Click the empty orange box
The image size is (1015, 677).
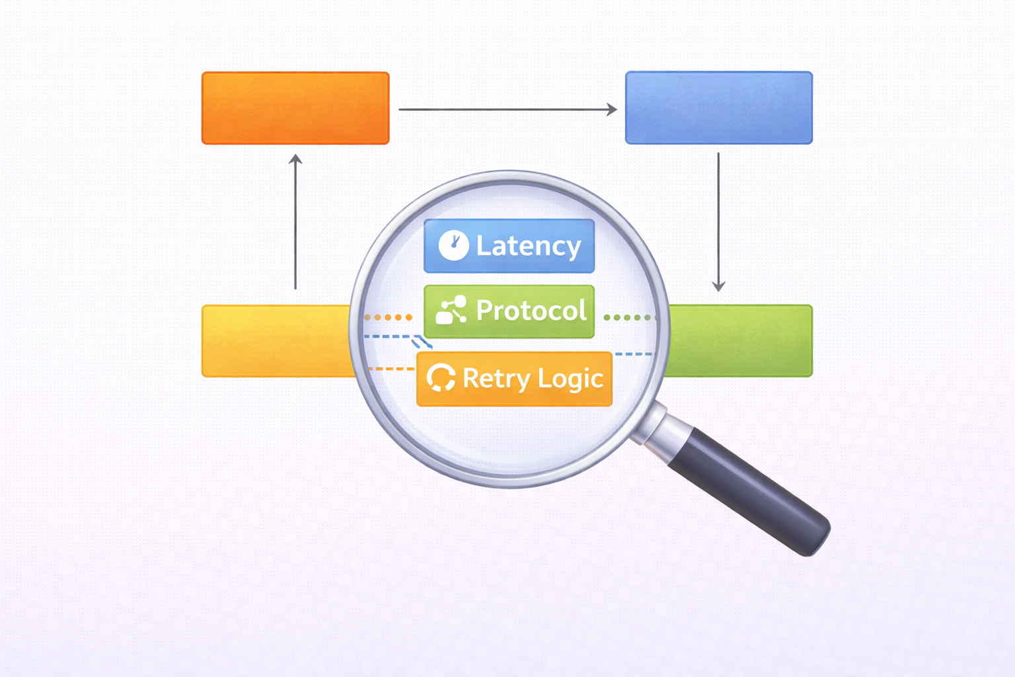(x=295, y=108)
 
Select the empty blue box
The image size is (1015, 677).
(x=719, y=108)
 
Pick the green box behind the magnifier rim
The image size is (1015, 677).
(x=743, y=341)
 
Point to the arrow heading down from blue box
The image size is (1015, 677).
(x=718, y=221)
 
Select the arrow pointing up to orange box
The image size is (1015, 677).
(x=295, y=221)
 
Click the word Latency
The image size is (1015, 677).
(x=529, y=246)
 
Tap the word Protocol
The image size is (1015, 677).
(x=531, y=311)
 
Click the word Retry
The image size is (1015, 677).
(x=496, y=379)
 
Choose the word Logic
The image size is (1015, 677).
(x=570, y=379)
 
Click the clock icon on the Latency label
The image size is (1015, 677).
(x=454, y=245)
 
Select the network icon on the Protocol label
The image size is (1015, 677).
(x=451, y=310)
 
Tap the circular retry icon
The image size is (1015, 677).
(x=441, y=378)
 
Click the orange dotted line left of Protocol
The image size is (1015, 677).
(x=389, y=317)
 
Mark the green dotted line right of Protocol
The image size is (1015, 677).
(x=628, y=317)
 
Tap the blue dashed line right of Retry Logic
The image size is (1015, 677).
(x=633, y=354)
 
